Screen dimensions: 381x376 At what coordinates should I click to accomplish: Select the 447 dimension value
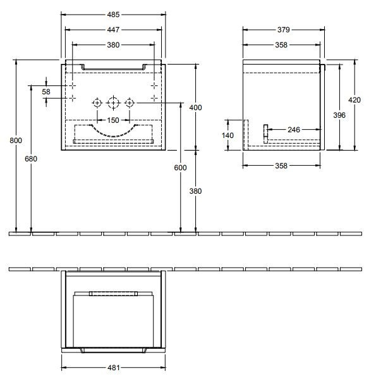point(113,28)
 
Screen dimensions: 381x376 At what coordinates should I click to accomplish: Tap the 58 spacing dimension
point(45,92)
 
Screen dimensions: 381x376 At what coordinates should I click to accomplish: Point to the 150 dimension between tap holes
point(113,120)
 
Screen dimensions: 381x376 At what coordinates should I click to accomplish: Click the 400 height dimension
point(196,108)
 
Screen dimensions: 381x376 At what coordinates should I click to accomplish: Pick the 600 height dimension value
point(181,167)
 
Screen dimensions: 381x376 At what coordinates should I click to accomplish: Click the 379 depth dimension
point(284,28)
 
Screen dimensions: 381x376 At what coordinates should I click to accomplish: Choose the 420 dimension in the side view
point(355,100)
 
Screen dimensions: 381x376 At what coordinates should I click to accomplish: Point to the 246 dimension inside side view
point(294,130)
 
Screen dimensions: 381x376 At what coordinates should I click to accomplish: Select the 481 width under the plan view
point(113,367)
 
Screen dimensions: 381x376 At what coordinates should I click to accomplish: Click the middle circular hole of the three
point(113,103)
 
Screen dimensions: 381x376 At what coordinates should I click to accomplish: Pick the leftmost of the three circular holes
point(97,103)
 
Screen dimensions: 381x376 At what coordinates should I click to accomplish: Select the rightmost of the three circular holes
point(129,103)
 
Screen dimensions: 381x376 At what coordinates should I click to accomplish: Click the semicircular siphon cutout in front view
point(113,130)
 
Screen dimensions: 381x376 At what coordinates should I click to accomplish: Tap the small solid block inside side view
point(266,130)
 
